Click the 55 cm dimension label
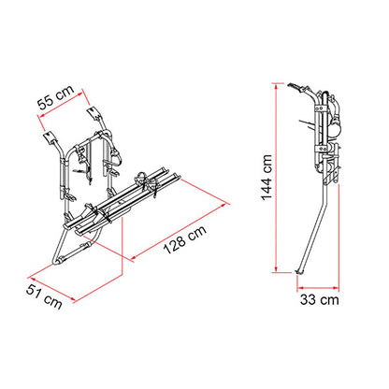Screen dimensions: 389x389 tap(56, 97)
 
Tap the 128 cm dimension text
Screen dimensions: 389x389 tap(185, 239)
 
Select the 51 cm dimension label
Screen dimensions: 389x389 tap(44, 296)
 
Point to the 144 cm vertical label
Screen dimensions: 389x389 tap(267, 178)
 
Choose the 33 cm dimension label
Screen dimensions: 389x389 tap(320, 299)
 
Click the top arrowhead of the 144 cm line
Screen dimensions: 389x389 tap(276, 87)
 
